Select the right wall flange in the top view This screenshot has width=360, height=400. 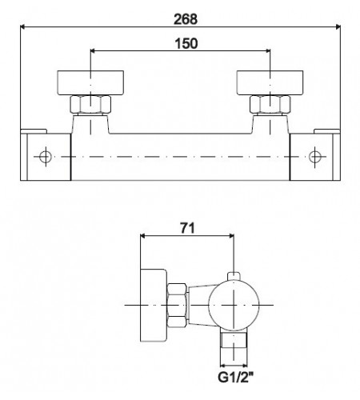pyautogui.click(x=270, y=82)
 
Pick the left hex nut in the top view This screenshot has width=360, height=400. pyautogui.click(x=92, y=104)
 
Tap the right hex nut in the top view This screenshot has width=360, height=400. pyautogui.click(x=270, y=104)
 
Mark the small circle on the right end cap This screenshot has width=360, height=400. pyautogui.click(x=314, y=154)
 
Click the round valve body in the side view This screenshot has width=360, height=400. pyautogui.click(x=233, y=305)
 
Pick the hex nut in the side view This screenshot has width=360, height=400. pyautogui.click(x=177, y=305)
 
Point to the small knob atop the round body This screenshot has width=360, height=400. pyautogui.click(x=233, y=277)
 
